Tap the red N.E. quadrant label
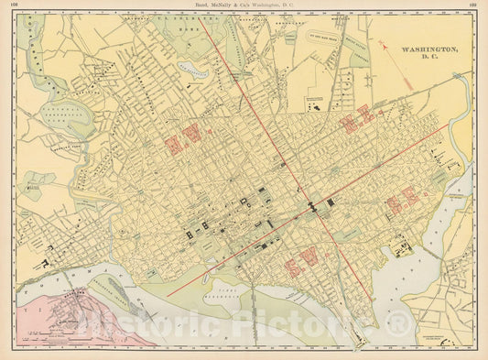pyautogui.click(x=358, y=121)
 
